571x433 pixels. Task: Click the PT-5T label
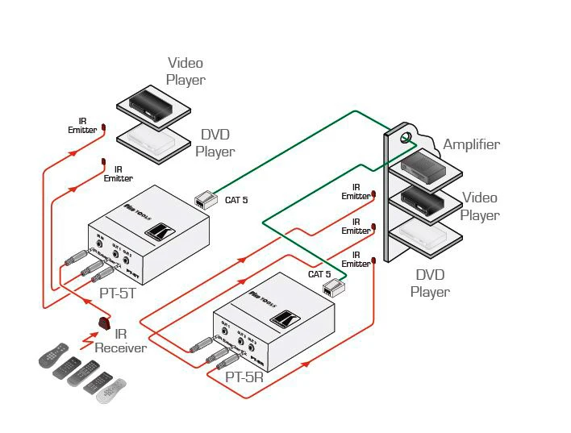coord(118,294)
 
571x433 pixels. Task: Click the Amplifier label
coord(471,145)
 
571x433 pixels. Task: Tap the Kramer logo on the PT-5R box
coord(281,319)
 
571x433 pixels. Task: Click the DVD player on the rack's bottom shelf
coord(424,234)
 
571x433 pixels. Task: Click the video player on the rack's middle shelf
coord(424,198)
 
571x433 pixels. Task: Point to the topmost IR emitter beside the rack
coord(373,194)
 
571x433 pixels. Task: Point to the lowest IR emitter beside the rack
coord(373,260)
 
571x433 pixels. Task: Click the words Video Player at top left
coord(185,71)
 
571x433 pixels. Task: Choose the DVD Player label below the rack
coord(430,283)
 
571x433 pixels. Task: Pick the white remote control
coord(112,390)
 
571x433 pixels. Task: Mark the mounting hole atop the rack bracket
coord(406,138)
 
